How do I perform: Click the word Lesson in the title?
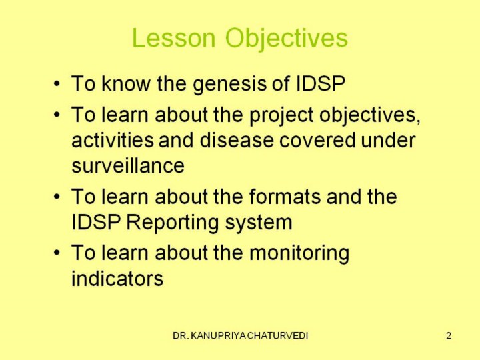pyautogui.click(x=174, y=37)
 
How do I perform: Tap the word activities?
pyautogui.click(x=113, y=140)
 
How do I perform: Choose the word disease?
pyautogui.click(x=237, y=140)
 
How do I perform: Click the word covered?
pyautogui.click(x=317, y=140)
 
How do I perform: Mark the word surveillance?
pyautogui.click(x=128, y=165)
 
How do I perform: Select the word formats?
pyautogui.click(x=285, y=196)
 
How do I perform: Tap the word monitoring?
pyautogui.click(x=299, y=254)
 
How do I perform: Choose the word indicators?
pyautogui.click(x=117, y=278)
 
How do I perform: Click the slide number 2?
pyautogui.click(x=449, y=336)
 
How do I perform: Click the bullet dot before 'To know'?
pyautogui.click(x=57, y=83)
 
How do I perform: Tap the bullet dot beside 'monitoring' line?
pyautogui.click(x=57, y=253)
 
